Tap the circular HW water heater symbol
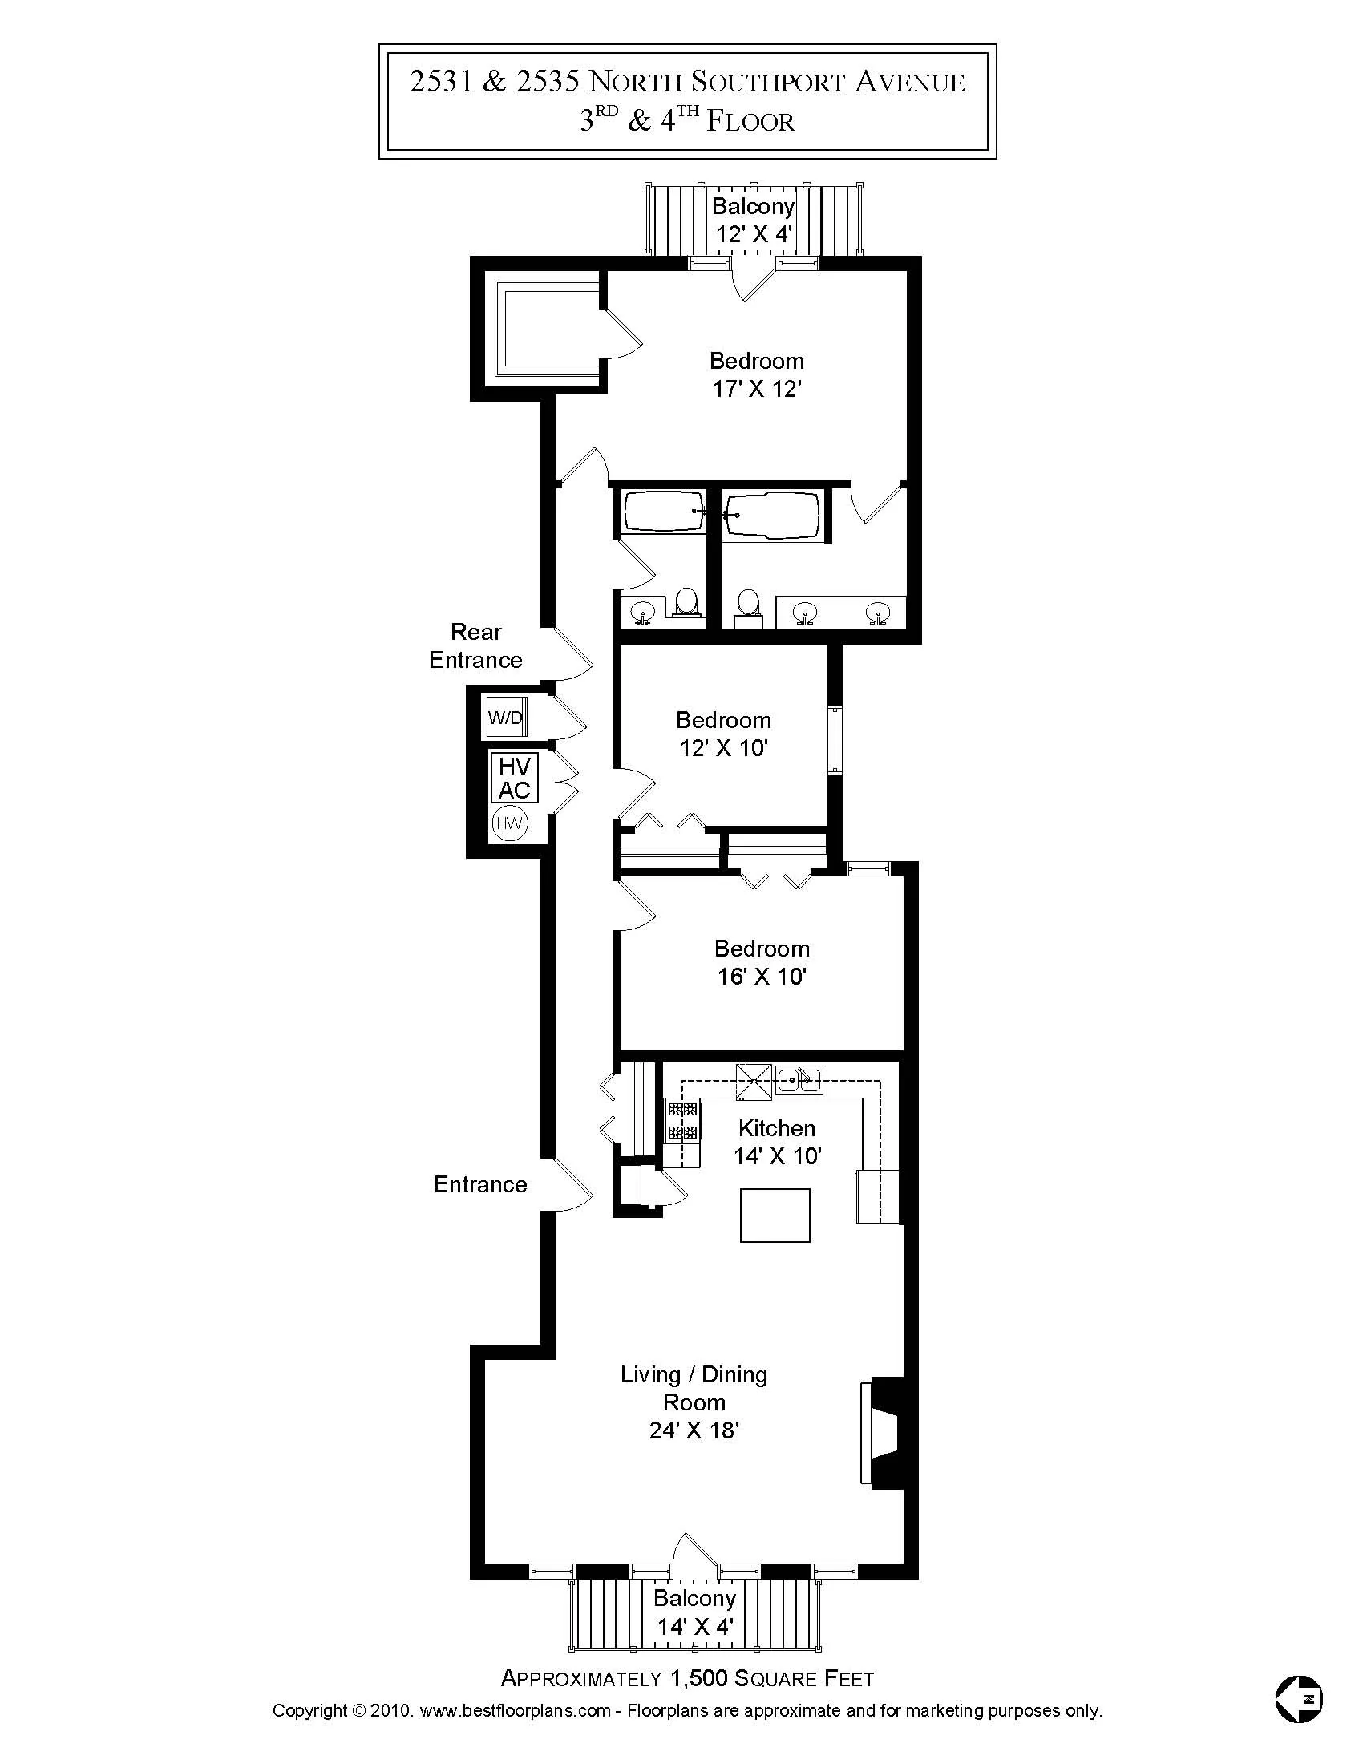[509, 823]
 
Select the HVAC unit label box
[515, 777]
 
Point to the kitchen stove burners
[682, 1120]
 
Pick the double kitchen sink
[799, 1079]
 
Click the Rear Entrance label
[475, 646]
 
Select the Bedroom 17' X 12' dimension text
[757, 390]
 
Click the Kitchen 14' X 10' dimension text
[777, 1155]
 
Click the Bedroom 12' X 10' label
[723, 734]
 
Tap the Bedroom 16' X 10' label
[762, 962]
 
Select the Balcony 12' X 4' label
[754, 220]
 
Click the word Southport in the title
[757, 83]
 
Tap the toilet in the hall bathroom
[687, 601]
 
